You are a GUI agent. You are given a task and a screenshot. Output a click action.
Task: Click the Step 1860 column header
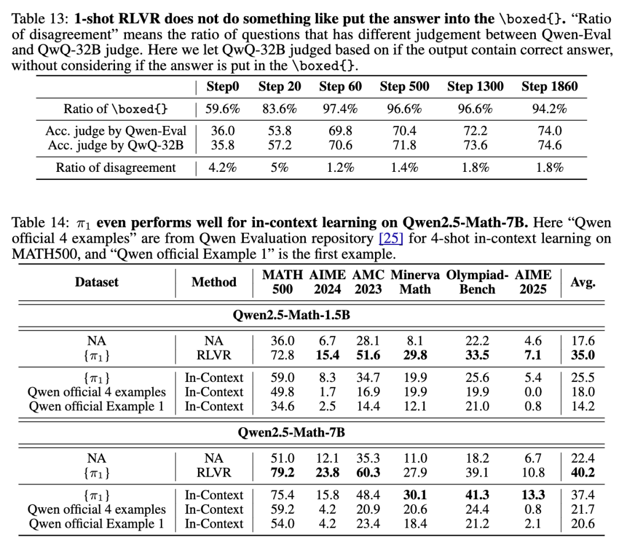(549, 87)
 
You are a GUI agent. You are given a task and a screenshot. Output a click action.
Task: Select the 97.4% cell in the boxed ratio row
(340, 109)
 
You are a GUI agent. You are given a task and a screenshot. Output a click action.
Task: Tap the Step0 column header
(222, 87)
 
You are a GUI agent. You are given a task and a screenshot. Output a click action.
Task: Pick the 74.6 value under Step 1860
(549, 146)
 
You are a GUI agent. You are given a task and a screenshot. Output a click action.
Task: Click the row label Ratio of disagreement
(116, 168)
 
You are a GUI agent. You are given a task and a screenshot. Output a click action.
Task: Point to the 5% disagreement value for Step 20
(279, 168)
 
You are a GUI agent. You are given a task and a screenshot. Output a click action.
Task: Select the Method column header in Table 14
(214, 282)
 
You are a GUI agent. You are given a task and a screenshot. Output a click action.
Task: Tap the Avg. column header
(583, 282)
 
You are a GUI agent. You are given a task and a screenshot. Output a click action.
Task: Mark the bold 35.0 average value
(583, 355)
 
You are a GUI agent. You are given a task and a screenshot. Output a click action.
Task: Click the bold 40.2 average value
(583, 473)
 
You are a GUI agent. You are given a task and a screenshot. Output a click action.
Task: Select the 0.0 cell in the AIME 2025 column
(532, 392)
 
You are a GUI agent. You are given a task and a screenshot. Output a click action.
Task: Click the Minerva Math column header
(415, 282)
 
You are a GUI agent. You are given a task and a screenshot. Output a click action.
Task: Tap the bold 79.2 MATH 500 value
(279, 473)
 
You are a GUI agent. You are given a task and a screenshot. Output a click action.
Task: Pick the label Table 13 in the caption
(37, 20)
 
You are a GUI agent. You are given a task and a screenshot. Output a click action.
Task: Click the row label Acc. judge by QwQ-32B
(114, 146)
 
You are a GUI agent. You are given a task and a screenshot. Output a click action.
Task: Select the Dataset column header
(96, 282)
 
